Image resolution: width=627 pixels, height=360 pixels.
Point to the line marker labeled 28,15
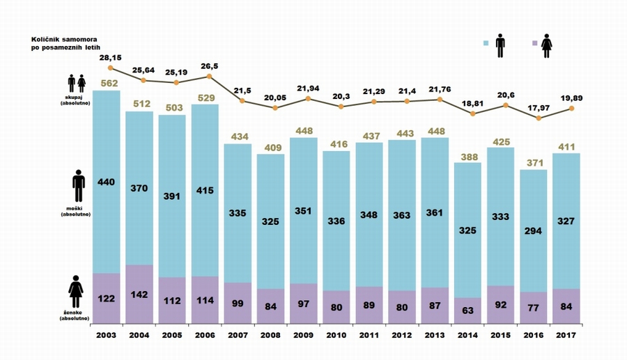111,68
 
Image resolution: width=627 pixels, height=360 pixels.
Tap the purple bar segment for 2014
467,311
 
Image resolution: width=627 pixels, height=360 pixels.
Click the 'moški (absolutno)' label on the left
76,210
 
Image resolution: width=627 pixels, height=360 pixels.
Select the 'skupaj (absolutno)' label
76,99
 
